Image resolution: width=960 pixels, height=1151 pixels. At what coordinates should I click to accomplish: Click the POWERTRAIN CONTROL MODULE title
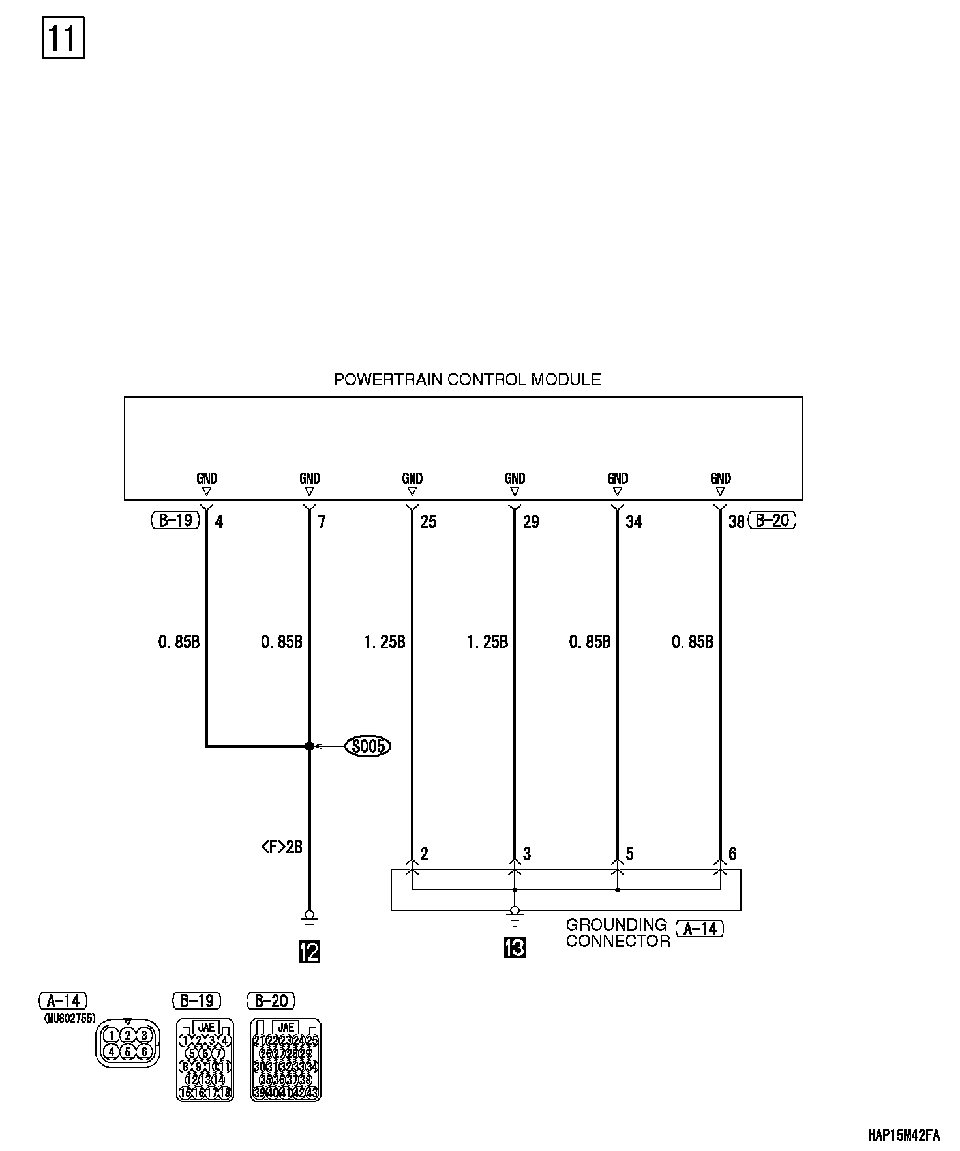(x=467, y=379)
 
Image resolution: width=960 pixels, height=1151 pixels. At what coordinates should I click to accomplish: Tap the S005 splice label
(x=368, y=746)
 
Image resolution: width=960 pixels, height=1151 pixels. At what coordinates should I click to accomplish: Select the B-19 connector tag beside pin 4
(x=175, y=520)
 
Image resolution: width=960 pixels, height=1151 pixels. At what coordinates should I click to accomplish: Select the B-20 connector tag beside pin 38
(x=772, y=520)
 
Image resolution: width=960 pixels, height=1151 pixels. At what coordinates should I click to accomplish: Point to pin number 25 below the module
(x=428, y=521)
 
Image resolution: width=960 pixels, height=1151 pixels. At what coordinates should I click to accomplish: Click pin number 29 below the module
(x=531, y=521)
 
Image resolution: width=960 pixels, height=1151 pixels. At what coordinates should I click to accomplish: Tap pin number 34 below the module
(x=634, y=521)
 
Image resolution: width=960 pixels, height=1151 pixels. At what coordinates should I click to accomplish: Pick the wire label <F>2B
(x=281, y=847)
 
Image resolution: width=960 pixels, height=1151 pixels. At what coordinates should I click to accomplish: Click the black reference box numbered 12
(x=309, y=952)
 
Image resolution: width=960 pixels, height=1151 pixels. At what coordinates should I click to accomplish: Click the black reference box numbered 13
(x=515, y=947)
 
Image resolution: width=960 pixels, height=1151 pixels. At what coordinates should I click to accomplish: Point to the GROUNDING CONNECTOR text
(x=617, y=933)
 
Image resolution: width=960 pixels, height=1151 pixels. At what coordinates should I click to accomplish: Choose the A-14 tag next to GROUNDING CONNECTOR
(x=700, y=928)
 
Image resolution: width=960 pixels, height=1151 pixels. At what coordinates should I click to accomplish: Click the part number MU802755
(x=70, y=1018)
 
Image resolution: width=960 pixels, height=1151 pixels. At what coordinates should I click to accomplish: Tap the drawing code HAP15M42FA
(x=903, y=1135)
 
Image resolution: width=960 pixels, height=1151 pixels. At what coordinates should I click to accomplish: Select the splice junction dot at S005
(x=309, y=746)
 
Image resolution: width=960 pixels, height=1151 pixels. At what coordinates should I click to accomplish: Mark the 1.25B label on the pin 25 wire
(x=384, y=642)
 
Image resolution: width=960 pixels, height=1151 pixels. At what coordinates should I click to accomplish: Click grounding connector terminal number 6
(x=732, y=854)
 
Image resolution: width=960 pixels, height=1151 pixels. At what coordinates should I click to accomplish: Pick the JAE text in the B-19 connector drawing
(x=206, y=1028)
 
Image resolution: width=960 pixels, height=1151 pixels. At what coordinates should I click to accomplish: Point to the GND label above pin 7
(x=310, y=479)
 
